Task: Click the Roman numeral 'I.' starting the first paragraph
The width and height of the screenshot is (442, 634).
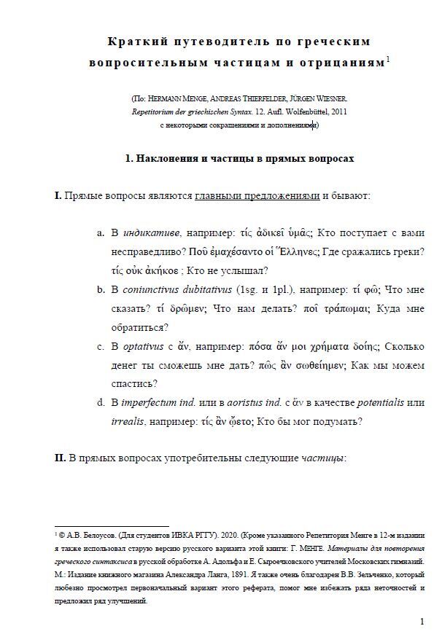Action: [x=58, y=197]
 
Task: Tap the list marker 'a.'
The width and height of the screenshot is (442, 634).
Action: [x=101, y=234]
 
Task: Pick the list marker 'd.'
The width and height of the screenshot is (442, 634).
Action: [x=101, y=402]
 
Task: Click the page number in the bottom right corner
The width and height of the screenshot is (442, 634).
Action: [x=422, y=621]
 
